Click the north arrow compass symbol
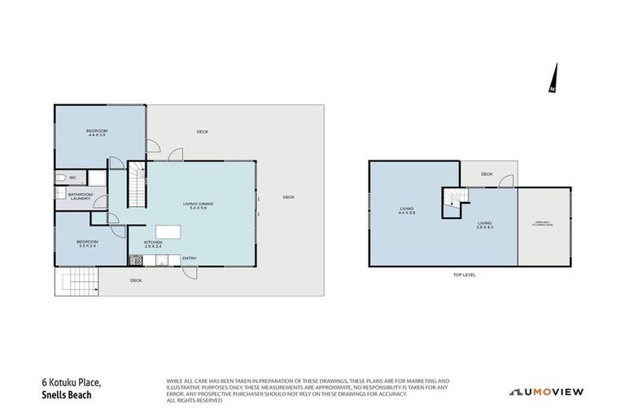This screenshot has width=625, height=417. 553,78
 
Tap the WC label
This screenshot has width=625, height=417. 72,177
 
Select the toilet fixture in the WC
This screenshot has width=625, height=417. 60,177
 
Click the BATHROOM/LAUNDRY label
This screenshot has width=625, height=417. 79,196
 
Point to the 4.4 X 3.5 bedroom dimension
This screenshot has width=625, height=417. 97,135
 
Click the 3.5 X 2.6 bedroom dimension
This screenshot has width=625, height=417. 87,245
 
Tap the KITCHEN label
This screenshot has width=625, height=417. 154,242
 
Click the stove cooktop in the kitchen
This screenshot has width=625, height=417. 135,261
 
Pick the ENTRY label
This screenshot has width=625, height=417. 189,259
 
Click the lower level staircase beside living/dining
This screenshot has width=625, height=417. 137,184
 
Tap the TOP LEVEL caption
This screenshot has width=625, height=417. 464,275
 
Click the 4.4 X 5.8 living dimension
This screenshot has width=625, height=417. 407,213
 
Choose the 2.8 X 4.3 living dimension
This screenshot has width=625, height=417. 485,227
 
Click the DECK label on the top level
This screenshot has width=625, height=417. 487,173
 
